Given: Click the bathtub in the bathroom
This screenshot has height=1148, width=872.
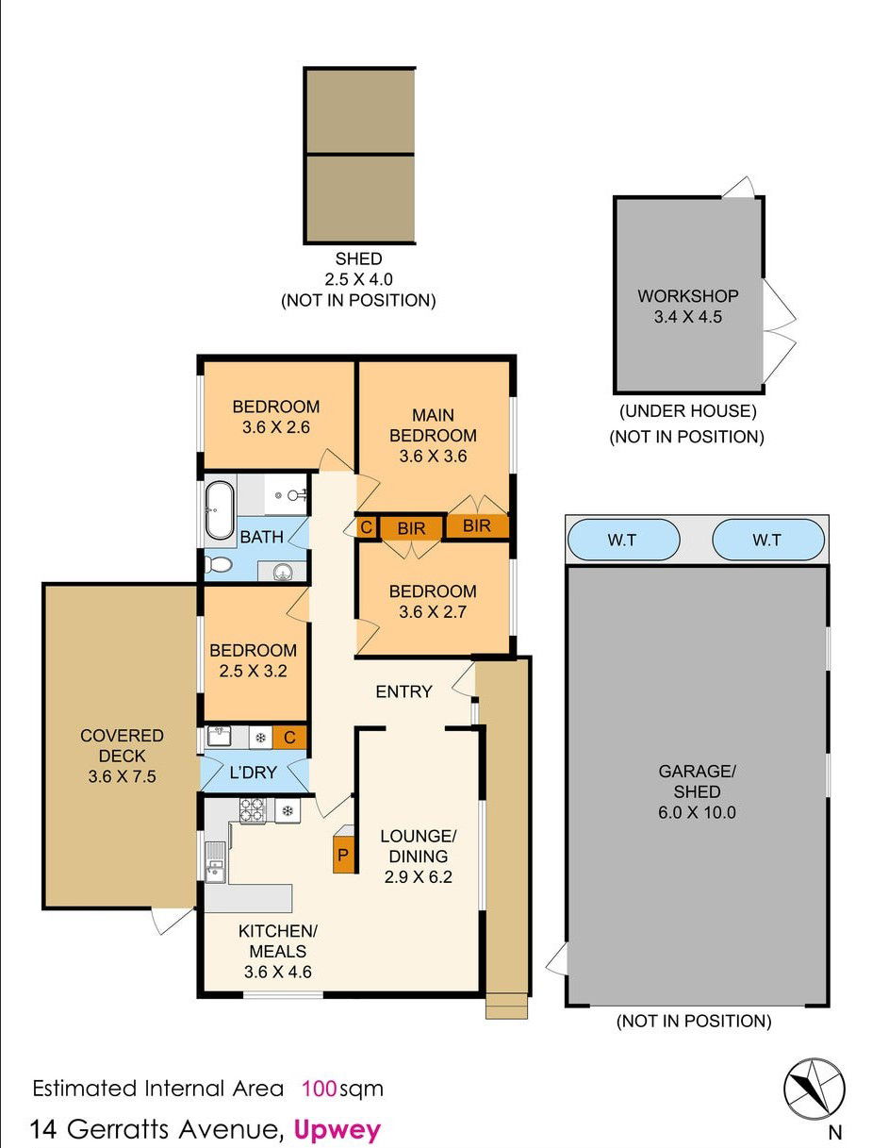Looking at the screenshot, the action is coord(220,510).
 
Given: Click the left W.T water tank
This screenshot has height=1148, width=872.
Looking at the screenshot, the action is coord(623,540).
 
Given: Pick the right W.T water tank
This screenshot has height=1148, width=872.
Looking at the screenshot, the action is coord(768,540).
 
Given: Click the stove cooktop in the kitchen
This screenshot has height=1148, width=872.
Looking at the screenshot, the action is coord(253,811).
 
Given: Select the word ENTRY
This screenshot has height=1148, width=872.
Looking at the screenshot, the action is coord(403,691).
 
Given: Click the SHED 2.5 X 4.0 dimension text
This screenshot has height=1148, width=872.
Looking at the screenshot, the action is coord(358,279).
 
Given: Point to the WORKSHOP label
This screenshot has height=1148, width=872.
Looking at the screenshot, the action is coord(687,296).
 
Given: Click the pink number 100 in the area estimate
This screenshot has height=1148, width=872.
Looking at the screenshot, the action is coord(320,1089).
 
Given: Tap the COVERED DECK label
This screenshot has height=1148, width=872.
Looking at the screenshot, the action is coord(123,745).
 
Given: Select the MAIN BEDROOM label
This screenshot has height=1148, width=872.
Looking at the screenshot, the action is coord(433,425).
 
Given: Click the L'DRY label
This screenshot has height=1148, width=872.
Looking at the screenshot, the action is coord(253,773).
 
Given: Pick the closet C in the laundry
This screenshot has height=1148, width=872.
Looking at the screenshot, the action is coord(289,738).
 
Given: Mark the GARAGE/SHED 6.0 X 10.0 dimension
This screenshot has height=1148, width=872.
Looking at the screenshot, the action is coord(697,812).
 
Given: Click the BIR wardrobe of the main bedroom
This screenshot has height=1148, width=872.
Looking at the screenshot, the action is coord(476,525).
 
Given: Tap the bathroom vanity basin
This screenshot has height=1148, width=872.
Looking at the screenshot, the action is coord(283,572).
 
